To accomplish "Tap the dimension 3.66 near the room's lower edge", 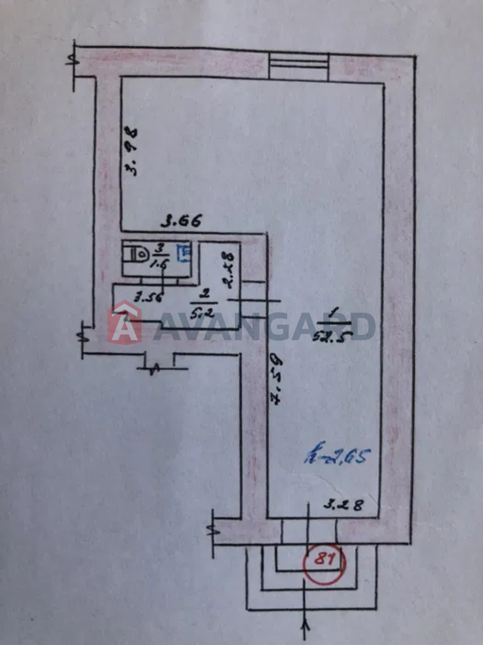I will click(182, 221).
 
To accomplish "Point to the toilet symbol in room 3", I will click(137, 253).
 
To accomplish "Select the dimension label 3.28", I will click(343, 505).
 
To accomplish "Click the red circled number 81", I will click(324, 562).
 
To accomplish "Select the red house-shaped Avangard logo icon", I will click(125, 323).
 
